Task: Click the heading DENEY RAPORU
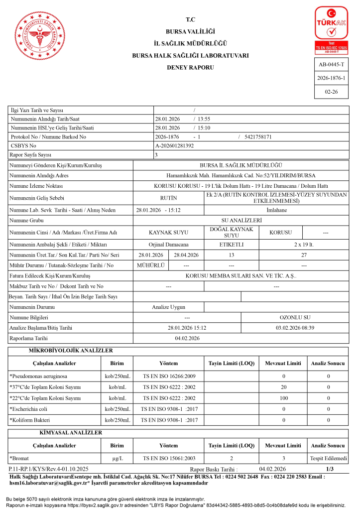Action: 190,67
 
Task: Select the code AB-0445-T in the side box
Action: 331,65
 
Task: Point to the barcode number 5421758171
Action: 258,136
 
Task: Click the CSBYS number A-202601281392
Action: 175,145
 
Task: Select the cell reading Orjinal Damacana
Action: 168,245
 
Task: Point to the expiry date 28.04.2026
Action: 186,255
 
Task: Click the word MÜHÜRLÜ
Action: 150,265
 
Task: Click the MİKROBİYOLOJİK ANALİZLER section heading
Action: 71,351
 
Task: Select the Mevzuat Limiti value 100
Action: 283,398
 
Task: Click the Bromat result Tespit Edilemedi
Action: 328,458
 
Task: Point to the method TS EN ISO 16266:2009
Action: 169,376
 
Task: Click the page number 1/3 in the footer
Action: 330,469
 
